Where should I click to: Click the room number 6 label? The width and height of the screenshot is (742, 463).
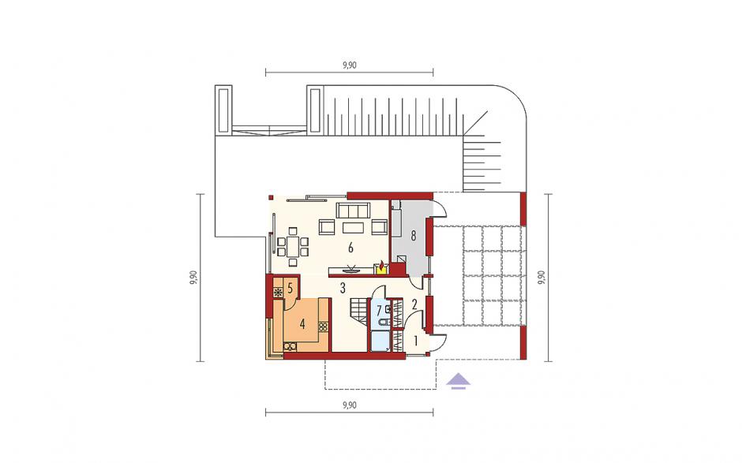pos(350,248)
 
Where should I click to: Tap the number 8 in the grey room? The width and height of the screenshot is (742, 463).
pos(413,236)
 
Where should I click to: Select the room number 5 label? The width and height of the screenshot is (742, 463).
pos(290,288)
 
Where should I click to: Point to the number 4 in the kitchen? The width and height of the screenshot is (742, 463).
pos(302,324)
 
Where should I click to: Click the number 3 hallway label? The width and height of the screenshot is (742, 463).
pos(342,287)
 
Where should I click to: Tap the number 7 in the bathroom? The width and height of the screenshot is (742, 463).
pos(379,312)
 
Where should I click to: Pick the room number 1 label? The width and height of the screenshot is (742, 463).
pos(415,341)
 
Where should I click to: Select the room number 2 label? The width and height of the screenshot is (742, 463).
pos(414,304)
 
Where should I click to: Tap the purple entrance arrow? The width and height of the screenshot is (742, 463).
pos(458,381)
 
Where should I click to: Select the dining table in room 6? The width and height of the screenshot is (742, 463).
pos(293,246)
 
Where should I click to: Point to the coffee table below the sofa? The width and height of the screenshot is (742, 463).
pos(353,228)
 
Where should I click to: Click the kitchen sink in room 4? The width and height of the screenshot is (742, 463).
pos(290,347)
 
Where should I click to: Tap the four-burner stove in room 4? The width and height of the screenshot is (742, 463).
pos(323,327)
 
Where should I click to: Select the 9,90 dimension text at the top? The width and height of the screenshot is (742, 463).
pos(349,65)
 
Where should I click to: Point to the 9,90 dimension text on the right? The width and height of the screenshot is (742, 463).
pos(542,278)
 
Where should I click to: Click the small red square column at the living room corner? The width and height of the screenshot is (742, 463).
pos(271,197)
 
